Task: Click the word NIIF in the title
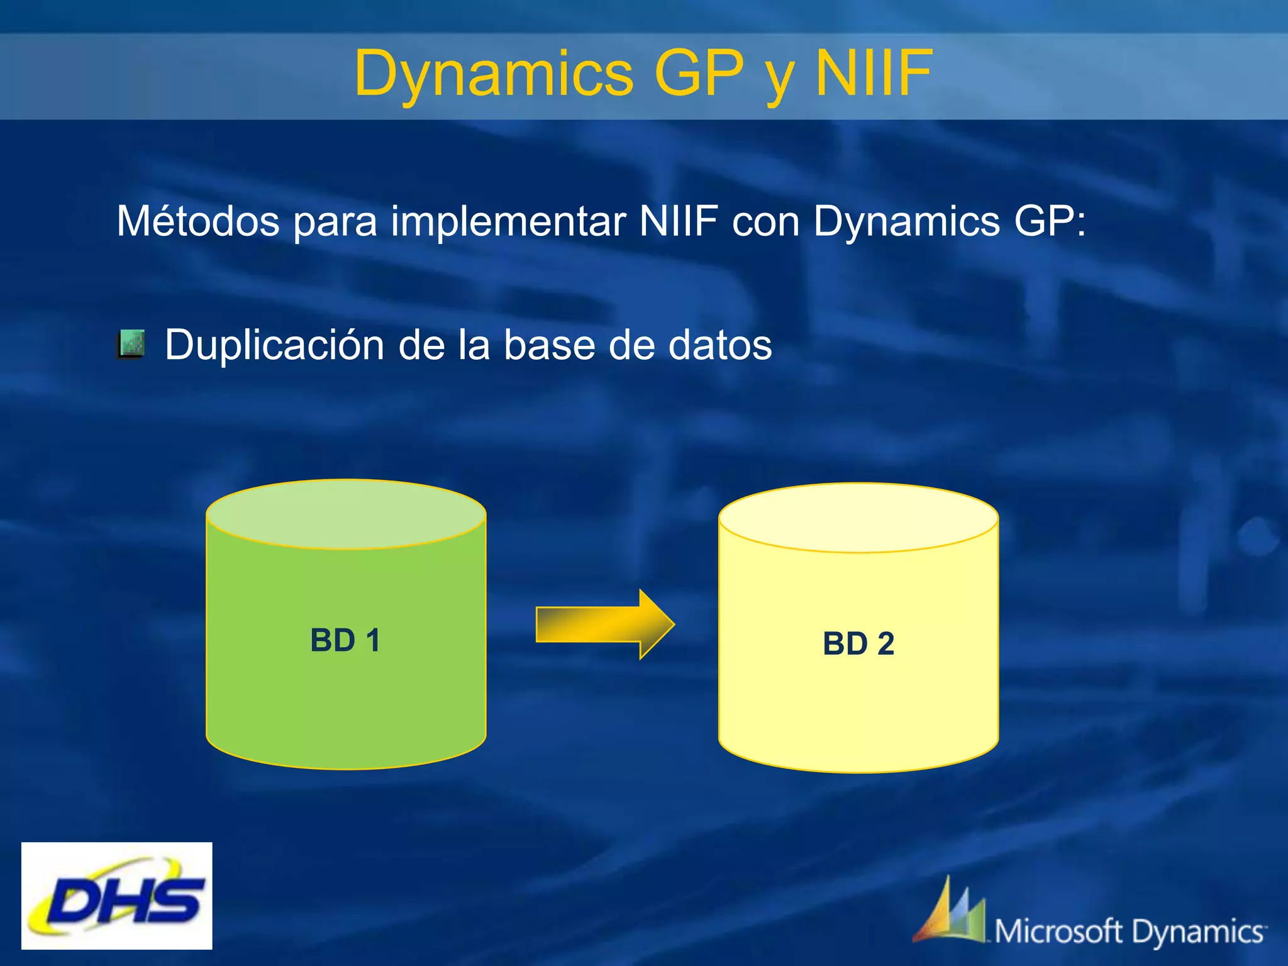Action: [x=873, y=74]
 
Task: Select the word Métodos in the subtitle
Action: [x=197, y=221]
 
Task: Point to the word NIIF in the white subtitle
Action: [x=678, y=221]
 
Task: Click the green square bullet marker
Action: [x=131, y=344]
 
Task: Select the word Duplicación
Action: [x=274, y=345]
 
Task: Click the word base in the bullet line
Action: [x=549, y=345]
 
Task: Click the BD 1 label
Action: [x=345, y=640]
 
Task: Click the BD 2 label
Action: [x=858, y=643]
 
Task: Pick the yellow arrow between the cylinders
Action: [x=604, y=625]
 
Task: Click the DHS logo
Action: [x=117, y=896]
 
